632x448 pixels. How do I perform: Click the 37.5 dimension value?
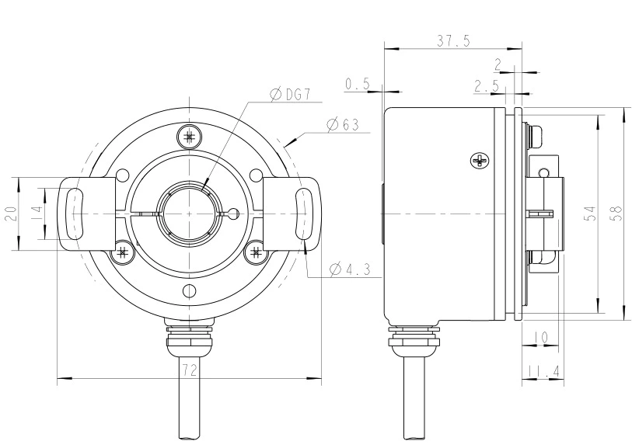tap(452, 42)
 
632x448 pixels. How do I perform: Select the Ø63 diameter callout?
tap(342, 124)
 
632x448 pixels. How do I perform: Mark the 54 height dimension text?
tap(590, 214)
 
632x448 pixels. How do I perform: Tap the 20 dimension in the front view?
tap(10, 214)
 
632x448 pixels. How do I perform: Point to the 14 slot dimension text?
tap(34, 214)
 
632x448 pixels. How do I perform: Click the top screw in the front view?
tap(189, 136)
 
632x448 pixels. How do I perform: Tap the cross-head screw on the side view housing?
tap(480, 161)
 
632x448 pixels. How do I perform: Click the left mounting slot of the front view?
tap(74, 213)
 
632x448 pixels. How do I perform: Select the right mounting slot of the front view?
tap(303, 213)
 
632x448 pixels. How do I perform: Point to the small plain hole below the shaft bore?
tap(189, 291)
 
